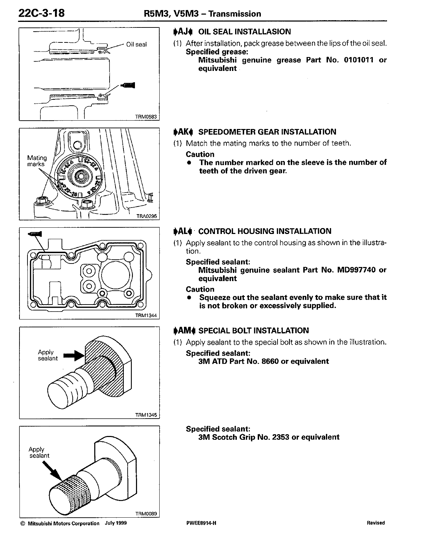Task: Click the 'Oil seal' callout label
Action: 136,45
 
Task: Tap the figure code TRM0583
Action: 146,117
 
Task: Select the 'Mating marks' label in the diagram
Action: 37,161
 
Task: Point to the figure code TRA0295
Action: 146,216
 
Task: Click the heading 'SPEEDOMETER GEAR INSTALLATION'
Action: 267,132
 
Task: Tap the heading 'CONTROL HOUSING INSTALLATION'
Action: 265,232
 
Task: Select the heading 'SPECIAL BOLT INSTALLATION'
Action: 254,331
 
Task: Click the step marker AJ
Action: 183,32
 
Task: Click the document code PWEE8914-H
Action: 201,523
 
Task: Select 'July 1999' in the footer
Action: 115,523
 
